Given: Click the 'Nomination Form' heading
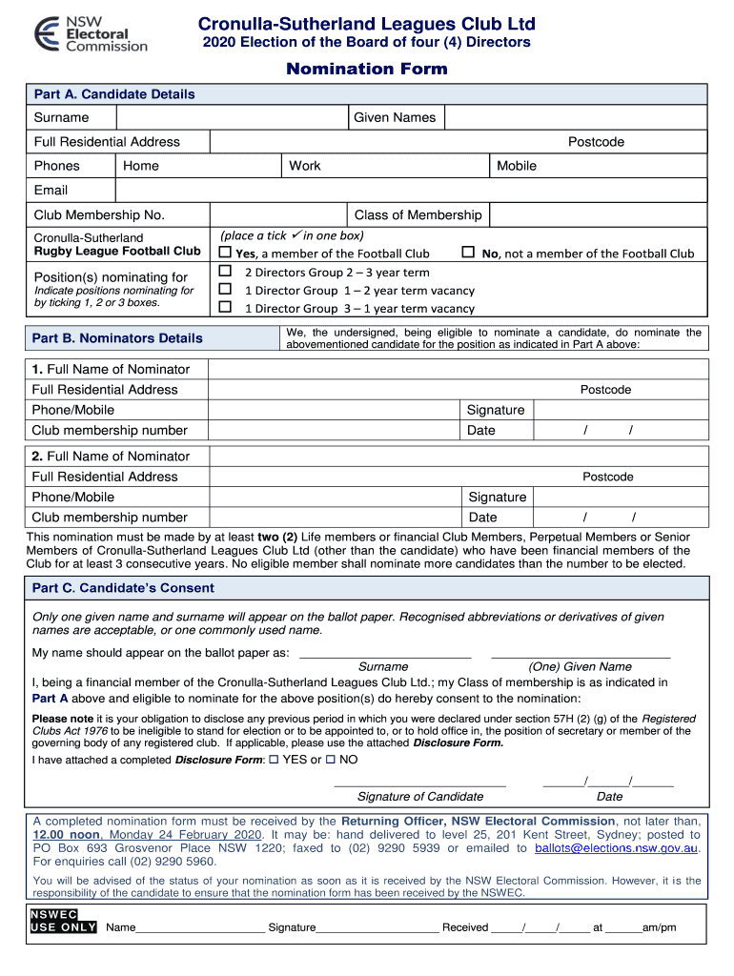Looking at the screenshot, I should click(x=367, y=69).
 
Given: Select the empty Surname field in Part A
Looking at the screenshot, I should click(x=231, y=117).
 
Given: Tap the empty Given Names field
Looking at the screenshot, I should click(x=576, y=117).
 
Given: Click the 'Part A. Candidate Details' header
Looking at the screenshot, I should click(x=114, y=94).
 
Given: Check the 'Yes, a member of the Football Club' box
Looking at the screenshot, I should click(x=226, y=253).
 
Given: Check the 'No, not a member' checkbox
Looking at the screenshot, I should click(x=468, y=253).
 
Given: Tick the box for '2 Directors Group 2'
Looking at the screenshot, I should click(x=226, y=272).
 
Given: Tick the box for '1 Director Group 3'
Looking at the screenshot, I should click(x=226, y=307).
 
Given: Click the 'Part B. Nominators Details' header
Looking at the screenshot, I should click(x=117, y=338).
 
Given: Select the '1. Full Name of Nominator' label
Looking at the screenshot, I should click(x=111, y=369).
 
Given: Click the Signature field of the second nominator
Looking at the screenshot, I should click(x=618, y=497).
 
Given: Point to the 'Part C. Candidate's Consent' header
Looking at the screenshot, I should click(x=123, y=588).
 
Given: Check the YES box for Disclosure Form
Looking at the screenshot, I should click(x=275, y=760).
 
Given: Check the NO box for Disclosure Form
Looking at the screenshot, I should click(x=331, y=760).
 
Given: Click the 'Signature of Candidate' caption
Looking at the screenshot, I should click(x=419, y=796).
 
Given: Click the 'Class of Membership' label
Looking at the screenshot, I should click(x=418, y=214).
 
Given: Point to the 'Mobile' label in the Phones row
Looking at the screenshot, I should click(x=517, y=166).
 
